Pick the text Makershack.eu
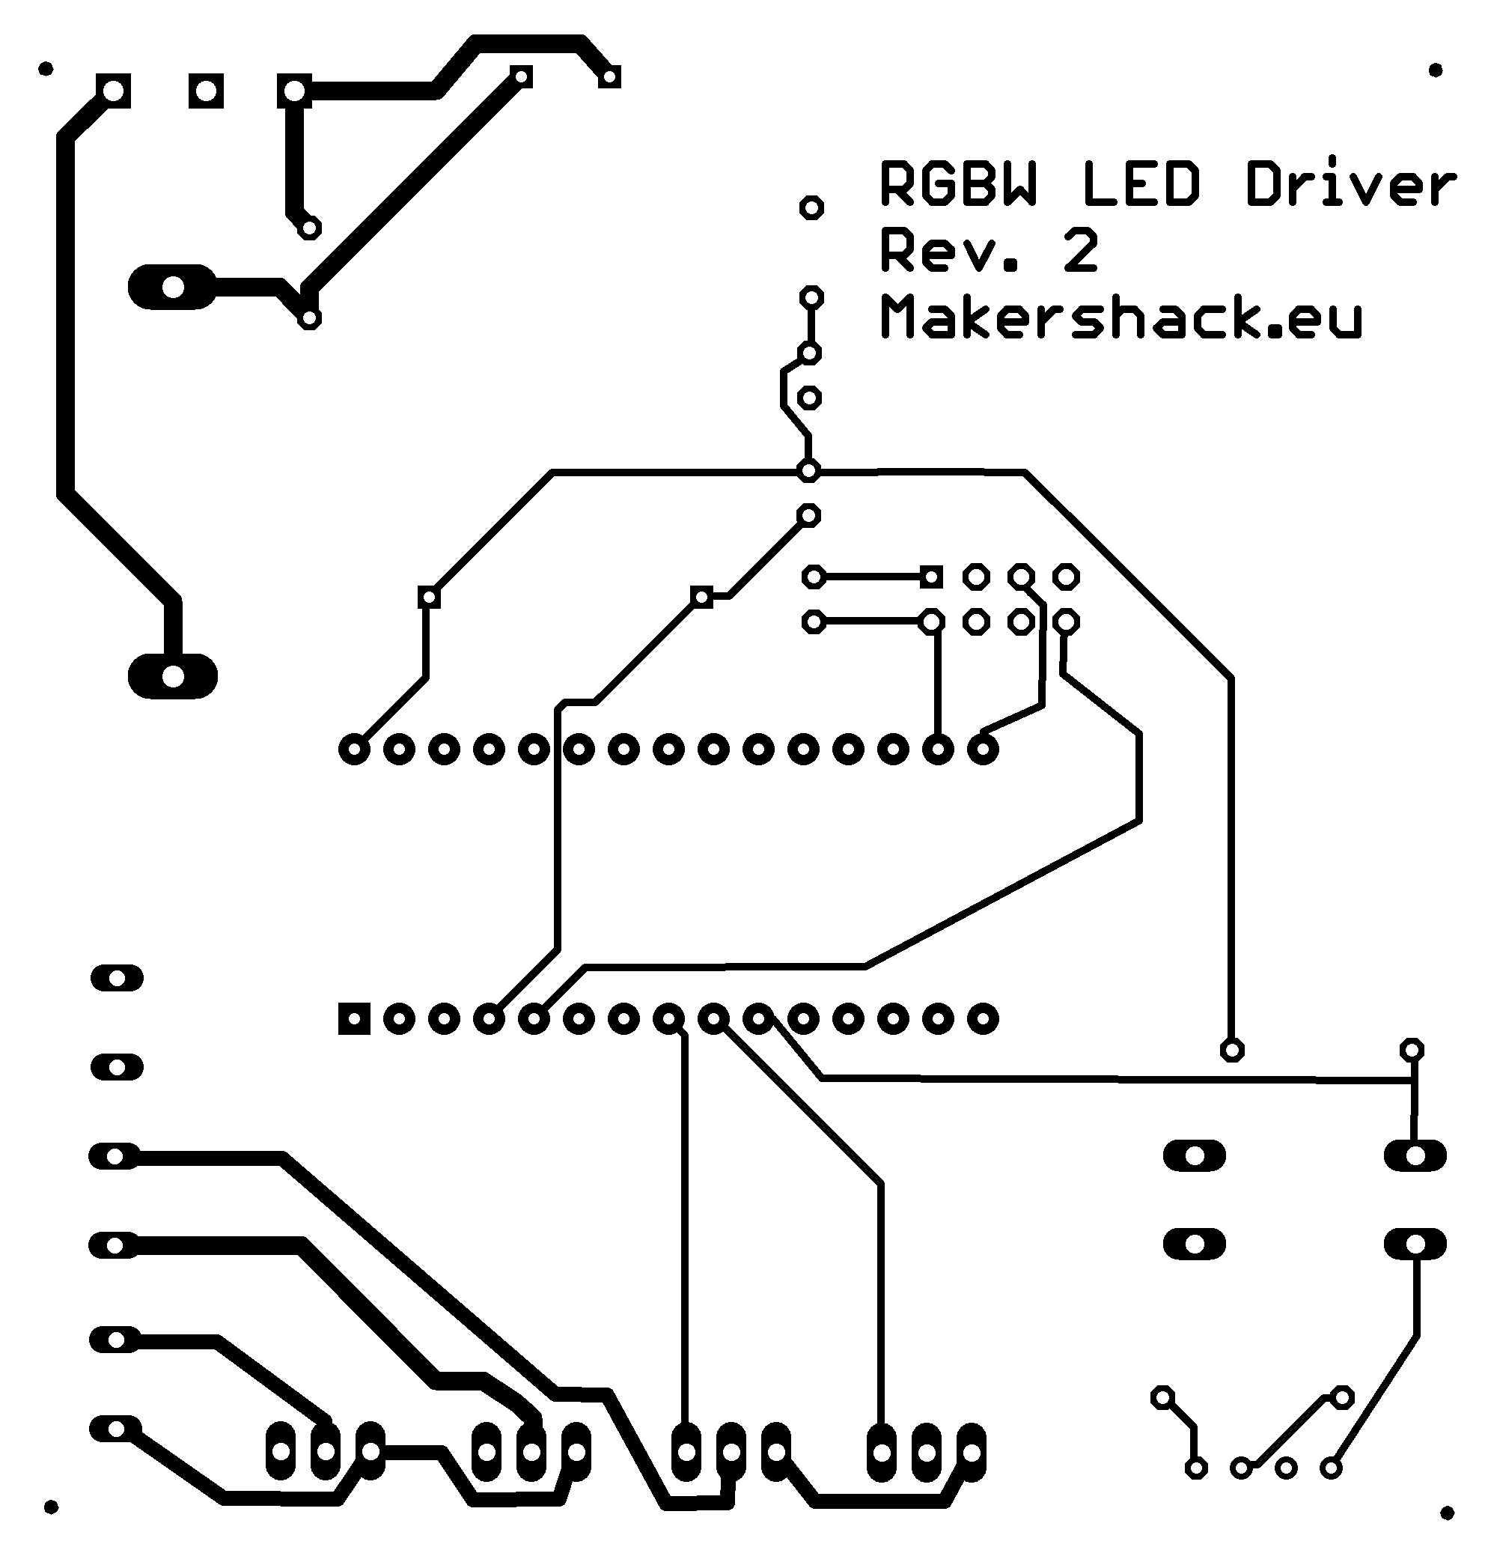[x=1120, y=317]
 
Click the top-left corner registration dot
[x=46, y=69]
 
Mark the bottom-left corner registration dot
[x=51, y=1507]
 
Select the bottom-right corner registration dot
[x=1447, y=1513]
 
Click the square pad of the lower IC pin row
[x=355, y=1018]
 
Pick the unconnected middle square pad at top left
[x=206, y=91]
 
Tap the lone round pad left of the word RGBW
[x=811, y=208]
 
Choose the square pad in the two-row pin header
[x=931, y=577]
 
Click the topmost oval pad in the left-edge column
[x=117, y=978]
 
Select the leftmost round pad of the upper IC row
[x=355, y=749]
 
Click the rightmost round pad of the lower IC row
[x=983, y=1018]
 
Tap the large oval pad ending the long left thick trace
[x=172, y=676]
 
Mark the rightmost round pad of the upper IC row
[x=983, y=749]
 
